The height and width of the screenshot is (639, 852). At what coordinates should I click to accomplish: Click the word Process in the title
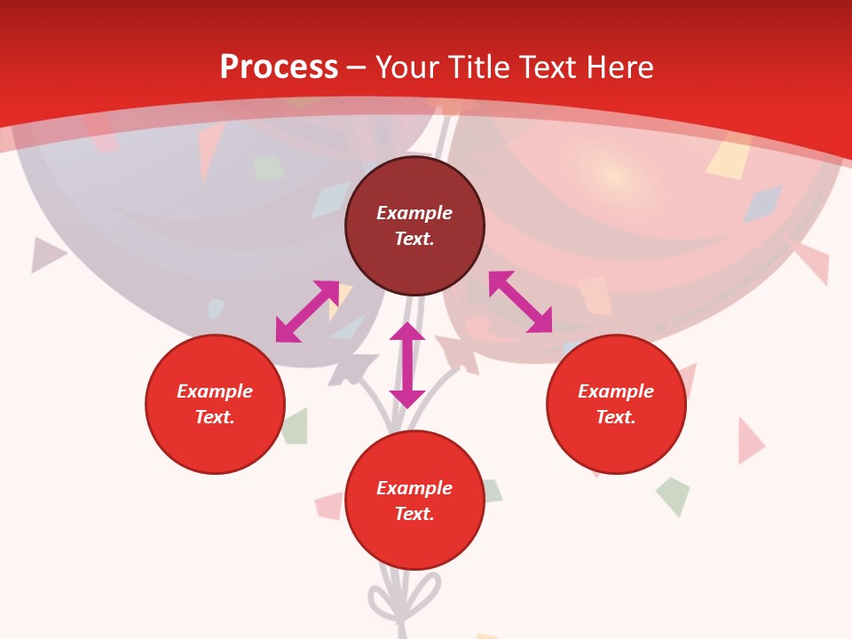coord(279,67)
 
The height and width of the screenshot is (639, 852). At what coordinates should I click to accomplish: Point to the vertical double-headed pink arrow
coord(407,365)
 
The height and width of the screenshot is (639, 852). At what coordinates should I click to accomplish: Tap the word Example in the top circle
coord(414,213)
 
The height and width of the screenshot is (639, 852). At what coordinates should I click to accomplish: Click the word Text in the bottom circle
coord(414,514)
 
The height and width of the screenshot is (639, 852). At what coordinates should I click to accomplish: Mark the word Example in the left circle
coord(215,391)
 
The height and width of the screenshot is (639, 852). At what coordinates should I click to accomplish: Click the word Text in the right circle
coord(615,417)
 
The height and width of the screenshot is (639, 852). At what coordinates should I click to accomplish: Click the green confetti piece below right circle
coord(674,494)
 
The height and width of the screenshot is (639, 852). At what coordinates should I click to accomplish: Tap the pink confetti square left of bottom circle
coord(329,505)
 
